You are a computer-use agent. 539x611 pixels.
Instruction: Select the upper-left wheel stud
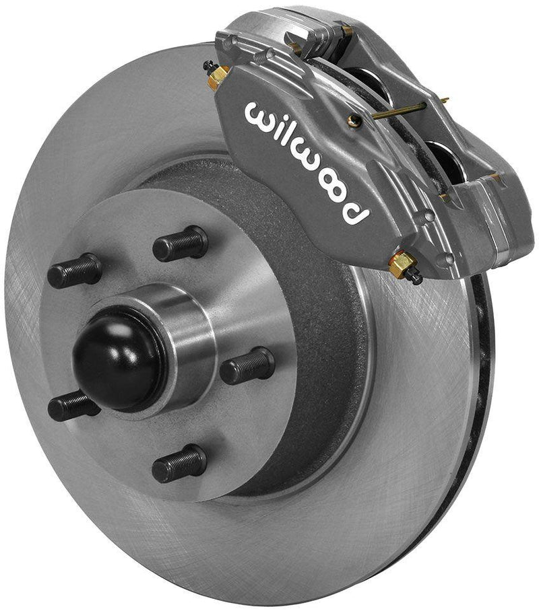74,271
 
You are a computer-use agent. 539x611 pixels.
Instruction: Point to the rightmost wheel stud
247,365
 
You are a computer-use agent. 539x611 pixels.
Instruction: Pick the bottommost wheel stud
179,463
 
